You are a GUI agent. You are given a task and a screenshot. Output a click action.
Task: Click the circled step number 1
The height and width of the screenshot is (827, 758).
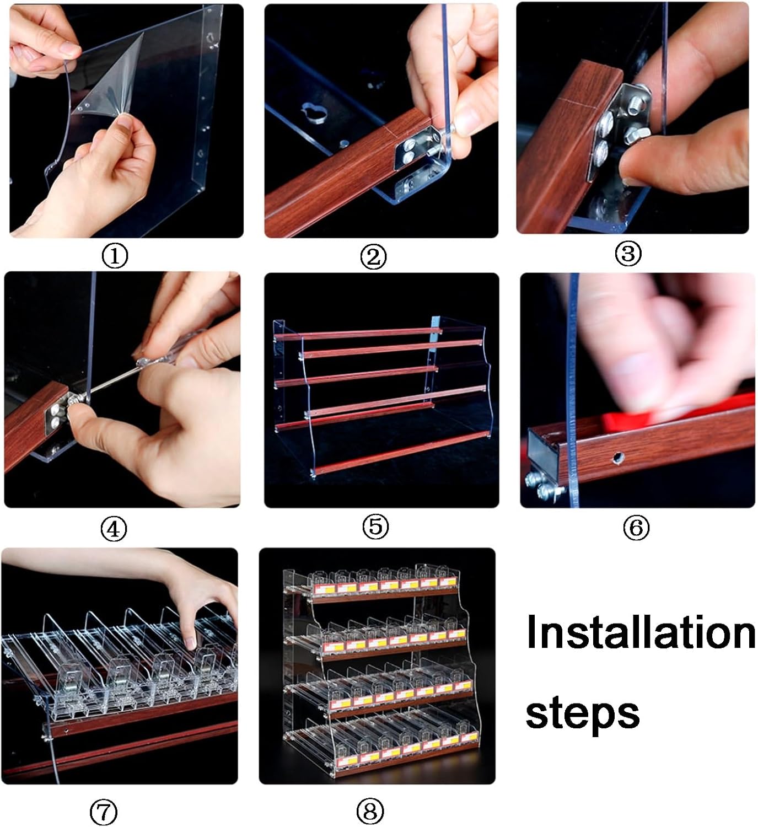coord(115,256)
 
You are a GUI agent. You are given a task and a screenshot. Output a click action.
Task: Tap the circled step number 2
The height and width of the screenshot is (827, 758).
coord(374,257)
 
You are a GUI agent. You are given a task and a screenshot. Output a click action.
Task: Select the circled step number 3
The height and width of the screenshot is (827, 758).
coord(628,253)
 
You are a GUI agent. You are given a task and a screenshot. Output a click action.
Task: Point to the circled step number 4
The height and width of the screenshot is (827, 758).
coord(114,529)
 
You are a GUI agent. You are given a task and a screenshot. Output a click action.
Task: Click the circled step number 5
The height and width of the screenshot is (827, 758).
coord(375,527)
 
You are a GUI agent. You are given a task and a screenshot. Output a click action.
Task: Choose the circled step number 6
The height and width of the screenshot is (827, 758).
coord(636,527)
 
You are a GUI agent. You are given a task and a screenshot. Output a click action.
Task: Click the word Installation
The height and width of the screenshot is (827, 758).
coord(641,632)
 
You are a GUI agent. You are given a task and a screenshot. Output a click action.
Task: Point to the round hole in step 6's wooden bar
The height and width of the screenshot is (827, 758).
coord(617,457)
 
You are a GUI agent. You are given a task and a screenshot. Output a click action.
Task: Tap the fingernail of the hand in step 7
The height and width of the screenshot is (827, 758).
coord(191,642)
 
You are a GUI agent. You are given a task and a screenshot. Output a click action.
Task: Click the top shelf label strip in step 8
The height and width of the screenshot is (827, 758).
coord(385,586)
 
